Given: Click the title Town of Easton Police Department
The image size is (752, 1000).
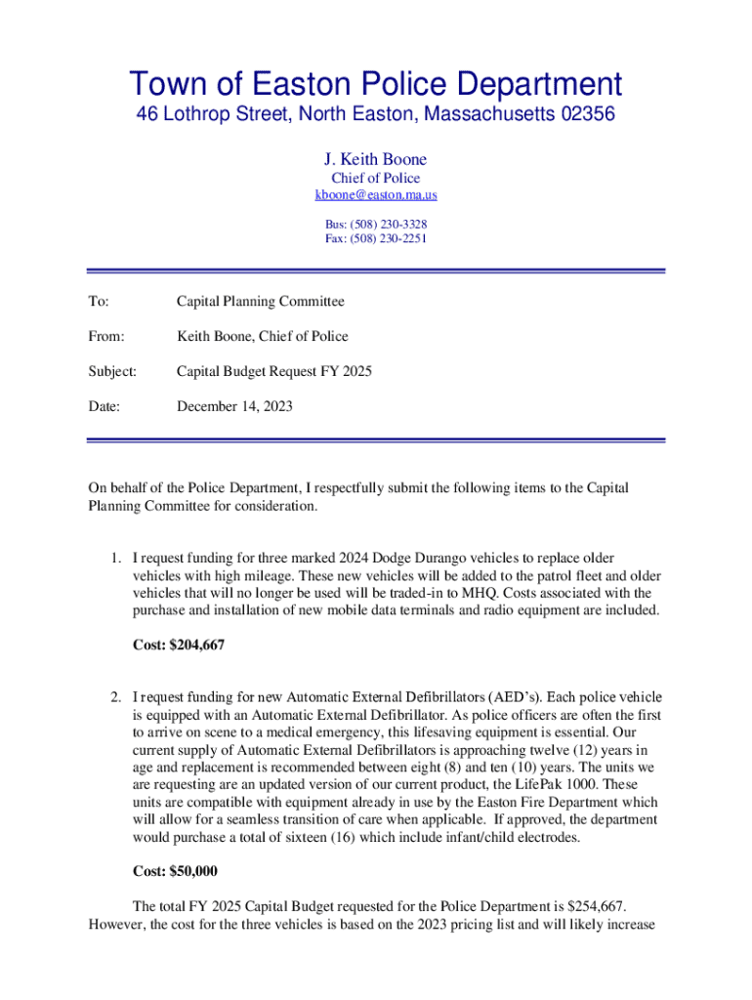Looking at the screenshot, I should pos(375,84).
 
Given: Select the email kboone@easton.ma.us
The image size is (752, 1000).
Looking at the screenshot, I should pos(375,195).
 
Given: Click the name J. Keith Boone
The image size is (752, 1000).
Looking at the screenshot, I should pos(375,159).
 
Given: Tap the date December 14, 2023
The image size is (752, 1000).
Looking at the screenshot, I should pos(234,406).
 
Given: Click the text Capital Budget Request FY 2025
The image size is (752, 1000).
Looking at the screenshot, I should pos(273,371).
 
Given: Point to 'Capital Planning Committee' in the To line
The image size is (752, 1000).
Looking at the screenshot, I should pos(260,302).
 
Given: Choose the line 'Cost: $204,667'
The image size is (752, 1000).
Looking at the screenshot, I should pos(184,645).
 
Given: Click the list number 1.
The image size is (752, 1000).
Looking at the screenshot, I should pos(114,559).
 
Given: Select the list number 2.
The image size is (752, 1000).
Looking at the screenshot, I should pos(114,697).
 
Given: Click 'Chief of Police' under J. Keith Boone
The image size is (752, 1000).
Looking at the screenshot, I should pos(375,178).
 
